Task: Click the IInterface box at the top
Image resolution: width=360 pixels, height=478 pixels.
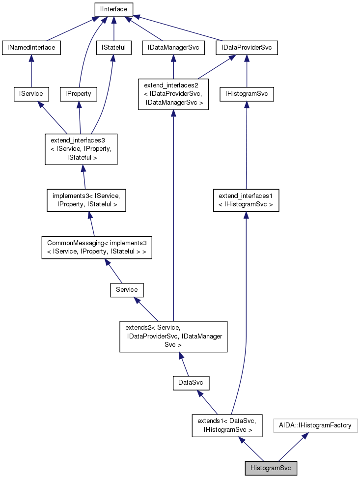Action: coord(114,9)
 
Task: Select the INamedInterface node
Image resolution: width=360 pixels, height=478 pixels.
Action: coord(31,48)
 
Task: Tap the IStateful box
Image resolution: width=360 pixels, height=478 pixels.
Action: coord(114,48)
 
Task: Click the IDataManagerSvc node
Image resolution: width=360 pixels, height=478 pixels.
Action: coord(173,48)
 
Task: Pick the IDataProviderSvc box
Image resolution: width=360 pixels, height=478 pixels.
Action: coord(247,48)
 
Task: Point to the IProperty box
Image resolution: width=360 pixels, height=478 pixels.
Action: coord(78,93)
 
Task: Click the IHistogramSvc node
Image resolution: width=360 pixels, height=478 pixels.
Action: coord(246,93)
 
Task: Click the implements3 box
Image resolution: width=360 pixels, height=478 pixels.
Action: coord(86,199)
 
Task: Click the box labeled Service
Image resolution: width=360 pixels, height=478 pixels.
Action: coord(127,290)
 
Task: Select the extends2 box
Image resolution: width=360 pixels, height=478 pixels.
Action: coord(173,337)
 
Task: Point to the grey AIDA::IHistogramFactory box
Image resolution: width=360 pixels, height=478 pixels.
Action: coord(315,425)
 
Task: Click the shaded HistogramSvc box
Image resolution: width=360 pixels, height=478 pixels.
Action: coord(271,468)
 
